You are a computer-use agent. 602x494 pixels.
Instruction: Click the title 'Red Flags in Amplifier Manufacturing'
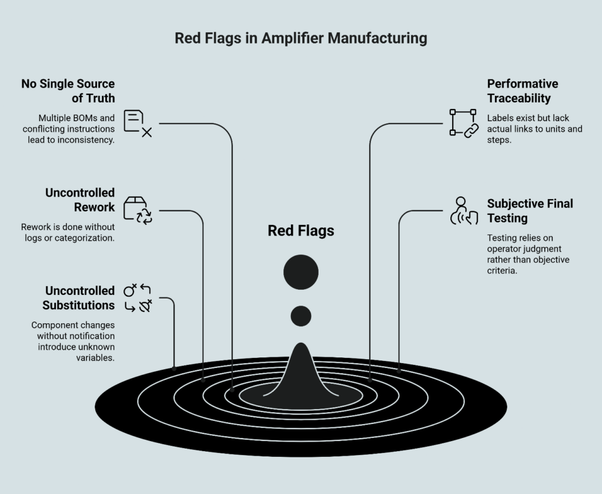300,39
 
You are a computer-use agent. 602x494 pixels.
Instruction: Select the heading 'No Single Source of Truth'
68,91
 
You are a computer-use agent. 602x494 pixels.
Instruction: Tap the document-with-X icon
138,123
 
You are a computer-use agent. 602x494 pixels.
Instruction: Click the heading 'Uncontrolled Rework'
80,200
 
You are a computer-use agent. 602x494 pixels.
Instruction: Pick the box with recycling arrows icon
138,210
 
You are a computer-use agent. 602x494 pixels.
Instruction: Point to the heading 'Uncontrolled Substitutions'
78,298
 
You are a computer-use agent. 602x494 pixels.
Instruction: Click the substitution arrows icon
138,297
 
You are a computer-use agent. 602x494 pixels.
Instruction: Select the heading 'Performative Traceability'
522,91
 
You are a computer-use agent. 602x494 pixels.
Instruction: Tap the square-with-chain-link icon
464,123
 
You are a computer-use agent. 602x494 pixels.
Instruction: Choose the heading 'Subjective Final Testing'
530,211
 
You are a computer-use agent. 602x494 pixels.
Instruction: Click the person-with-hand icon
464,211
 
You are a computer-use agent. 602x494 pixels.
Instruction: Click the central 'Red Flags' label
301,231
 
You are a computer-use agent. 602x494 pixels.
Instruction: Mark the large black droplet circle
301,273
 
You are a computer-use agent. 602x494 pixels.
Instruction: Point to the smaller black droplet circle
301,316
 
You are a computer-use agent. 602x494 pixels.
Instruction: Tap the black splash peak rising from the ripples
301,371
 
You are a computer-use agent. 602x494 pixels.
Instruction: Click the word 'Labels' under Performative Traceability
500,118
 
